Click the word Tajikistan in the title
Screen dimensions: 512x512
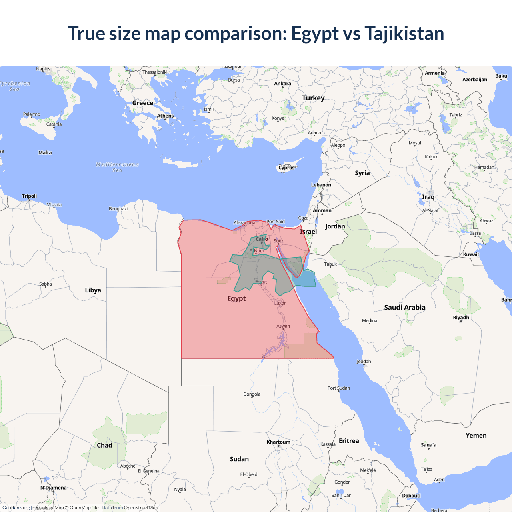coord(404,33)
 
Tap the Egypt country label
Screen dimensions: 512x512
coord(236,298)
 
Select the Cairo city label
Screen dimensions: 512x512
coord(262,239)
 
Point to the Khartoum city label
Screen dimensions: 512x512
coord(278,442)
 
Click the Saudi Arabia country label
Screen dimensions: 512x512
coord(404,307)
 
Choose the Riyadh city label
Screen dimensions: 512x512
coord(461,318)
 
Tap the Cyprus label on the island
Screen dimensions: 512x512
coord(286,168)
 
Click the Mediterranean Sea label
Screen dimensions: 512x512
coord(117,167)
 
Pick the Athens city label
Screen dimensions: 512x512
coord(165,116)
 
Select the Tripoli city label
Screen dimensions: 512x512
coord(29,196)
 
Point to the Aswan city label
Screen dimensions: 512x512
coord(283,326)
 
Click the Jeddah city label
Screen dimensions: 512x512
coord(364,362)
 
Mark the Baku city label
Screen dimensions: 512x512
coord(501,76)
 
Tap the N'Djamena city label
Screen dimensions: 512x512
coord(53,488)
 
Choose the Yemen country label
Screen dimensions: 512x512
coord(476,436)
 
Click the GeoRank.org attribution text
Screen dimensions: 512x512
coord(16,508)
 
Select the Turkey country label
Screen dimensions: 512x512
coord(313,98)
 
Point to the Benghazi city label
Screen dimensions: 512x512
coord(118,209)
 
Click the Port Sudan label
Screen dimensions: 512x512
coord(338,388)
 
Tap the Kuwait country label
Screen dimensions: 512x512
coord(471,254)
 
